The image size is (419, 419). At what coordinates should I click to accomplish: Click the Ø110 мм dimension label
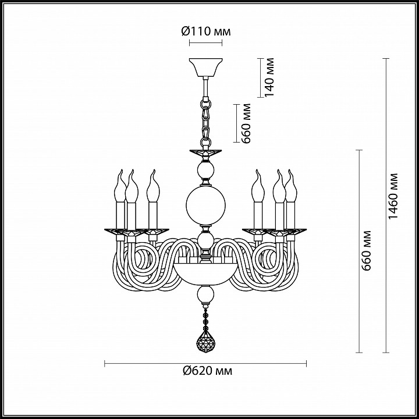click(x=206, y=31)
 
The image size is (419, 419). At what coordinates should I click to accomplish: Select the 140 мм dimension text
click(x=269, y=77)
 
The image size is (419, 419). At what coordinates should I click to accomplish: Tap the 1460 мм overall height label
click(x=393, y=196)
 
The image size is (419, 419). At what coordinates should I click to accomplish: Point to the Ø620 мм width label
click(x=207, y=371)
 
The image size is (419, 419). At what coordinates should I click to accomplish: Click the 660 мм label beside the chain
click(x=246, y=123)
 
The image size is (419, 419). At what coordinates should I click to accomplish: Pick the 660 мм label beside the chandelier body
click(x=366, y=251)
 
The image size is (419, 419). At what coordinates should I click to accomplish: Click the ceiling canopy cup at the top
click(x=206, y=68)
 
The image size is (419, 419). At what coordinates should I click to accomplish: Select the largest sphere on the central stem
click(x=205, y=205)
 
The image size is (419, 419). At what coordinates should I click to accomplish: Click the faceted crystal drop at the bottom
click(x=205, y=342)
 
